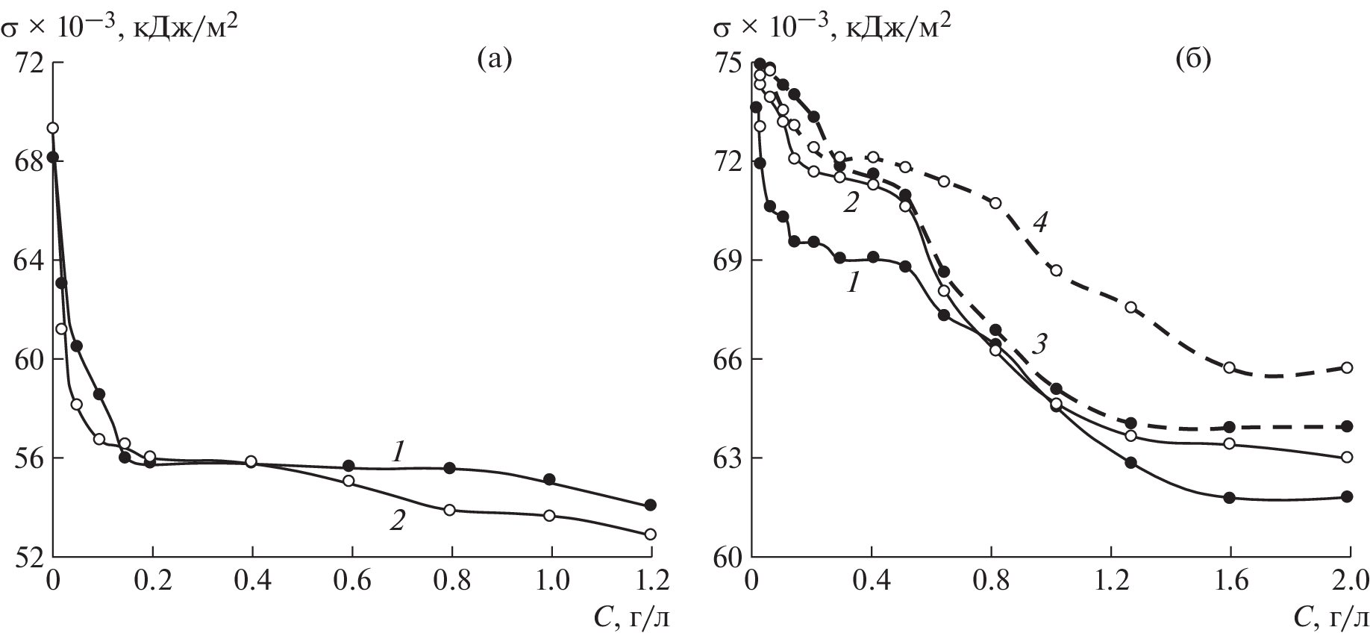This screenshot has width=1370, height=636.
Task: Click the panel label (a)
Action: (494, 57)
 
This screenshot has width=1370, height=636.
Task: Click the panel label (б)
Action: (1192, 57)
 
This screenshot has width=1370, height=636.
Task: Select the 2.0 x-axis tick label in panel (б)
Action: (1348, 580)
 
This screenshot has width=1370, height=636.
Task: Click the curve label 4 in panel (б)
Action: (1042, 220)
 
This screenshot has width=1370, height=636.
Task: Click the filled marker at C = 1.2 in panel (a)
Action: (651, 505)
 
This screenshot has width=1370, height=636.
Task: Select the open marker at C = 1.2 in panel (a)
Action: (651, 534)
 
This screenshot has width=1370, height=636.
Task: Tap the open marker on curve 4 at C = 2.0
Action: (1347, 367)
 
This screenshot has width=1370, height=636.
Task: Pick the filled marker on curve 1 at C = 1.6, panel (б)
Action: (1230, 498)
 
